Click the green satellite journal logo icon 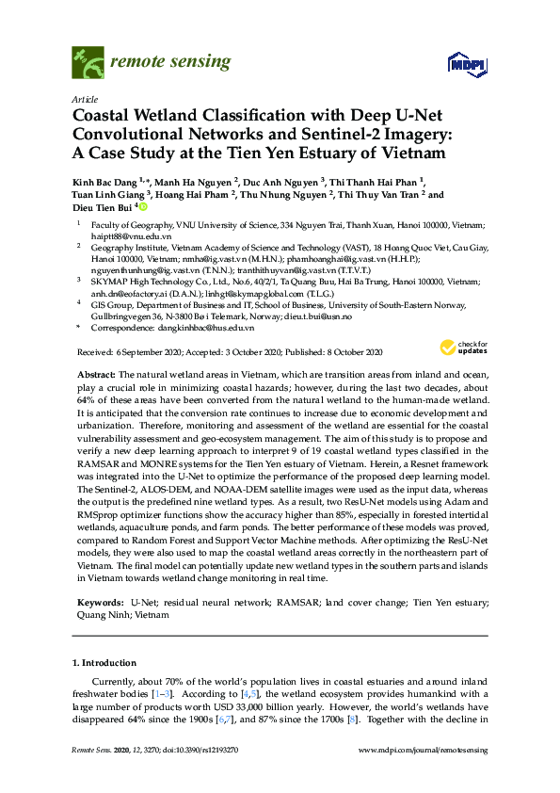pos(87,63)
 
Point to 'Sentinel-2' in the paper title pos(326,134)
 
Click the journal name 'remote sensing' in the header pos(170,63)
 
